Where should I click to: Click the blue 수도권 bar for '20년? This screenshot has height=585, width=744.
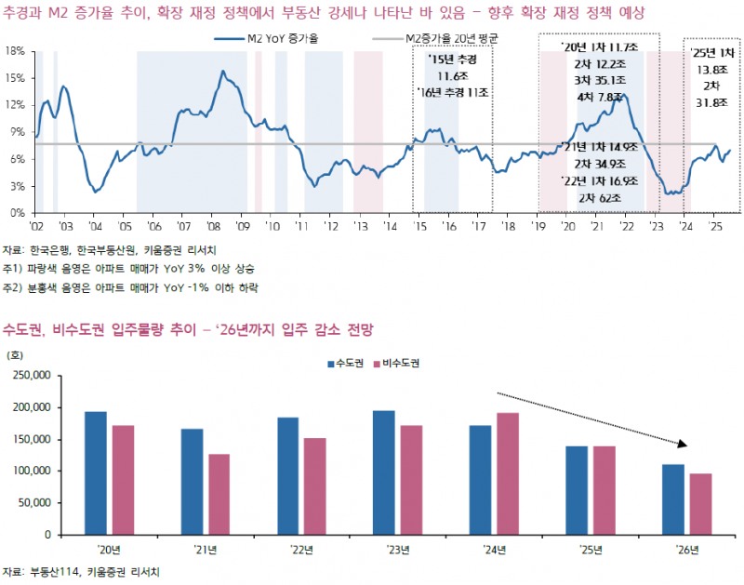[x=96, y=473]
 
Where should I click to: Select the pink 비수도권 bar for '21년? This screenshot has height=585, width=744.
[x=219, y=495]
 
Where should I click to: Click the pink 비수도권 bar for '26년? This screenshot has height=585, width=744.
[x=700, y=504]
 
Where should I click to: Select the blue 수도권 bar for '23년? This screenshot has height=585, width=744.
[x=384, y=472]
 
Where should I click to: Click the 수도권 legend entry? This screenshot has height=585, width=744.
[x=347, y=364]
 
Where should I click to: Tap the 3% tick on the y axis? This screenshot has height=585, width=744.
[x=16, y=186]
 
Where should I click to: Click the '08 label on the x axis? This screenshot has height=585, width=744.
[x=213, y=226]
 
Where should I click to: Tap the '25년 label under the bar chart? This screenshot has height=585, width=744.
[x=591, y=550]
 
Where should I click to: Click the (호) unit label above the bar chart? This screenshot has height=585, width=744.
[x=16, y=354]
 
